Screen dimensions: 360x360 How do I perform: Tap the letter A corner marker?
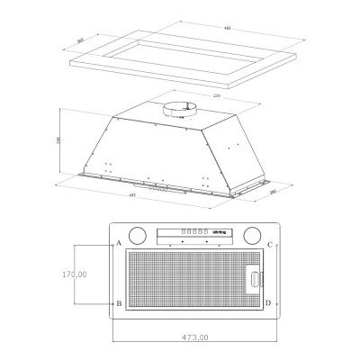[x=119, y=243]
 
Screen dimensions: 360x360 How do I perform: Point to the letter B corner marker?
[x=119, y=303]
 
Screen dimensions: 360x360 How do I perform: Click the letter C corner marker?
[x=269, y=243]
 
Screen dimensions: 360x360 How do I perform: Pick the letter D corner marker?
[x=269, y=303]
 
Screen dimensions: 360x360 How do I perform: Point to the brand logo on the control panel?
[x=219, y=231]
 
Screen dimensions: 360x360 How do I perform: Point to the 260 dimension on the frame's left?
[x=81, y=40]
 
